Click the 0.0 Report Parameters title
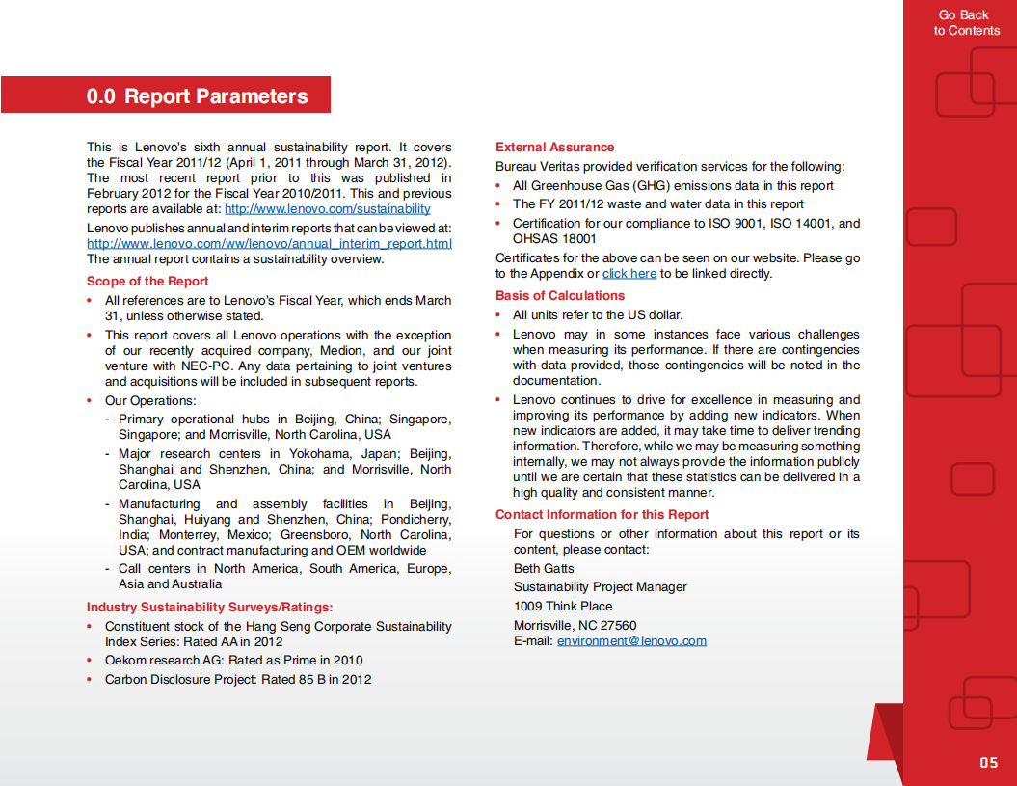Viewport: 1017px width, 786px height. click(x=197, y=96)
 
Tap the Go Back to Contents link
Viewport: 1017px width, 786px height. click(x=966, y=23)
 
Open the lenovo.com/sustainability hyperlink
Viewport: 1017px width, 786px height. click(x=327, y=208)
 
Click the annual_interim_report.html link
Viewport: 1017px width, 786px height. click(x=269, y=243)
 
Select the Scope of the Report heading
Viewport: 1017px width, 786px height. click(x=147, y=281)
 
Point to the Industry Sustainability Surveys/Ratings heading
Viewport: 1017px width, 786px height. click(x=209, y=607)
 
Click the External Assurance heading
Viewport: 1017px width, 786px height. click(x=554, y=148)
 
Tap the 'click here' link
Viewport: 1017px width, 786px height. click(x=629, y=274)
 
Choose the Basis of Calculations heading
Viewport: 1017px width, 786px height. click(x=560, y=296)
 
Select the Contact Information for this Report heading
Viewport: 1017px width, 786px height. click(x=602, y=515)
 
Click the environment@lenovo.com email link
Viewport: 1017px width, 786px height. click(x=631, y=641)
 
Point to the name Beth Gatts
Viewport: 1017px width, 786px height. click(x=544, y=568)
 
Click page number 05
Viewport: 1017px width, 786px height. click(x=988, y=763)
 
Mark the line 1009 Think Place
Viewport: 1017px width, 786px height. click(x=563, y=607)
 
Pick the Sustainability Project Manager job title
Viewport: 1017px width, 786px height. click(x=601, y=587)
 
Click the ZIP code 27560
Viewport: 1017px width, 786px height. click(x=618, y=626)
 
